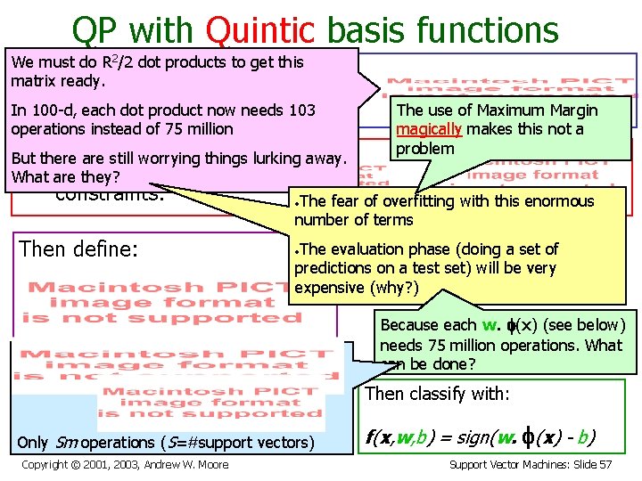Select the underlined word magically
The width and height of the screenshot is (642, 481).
pos(428,129)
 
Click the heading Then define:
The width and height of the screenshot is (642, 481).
pos(79,249)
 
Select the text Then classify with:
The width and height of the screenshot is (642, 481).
pos(438,394)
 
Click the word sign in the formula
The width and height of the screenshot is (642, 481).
pos(484,436)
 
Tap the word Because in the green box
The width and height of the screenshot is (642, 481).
pos(409,325)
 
